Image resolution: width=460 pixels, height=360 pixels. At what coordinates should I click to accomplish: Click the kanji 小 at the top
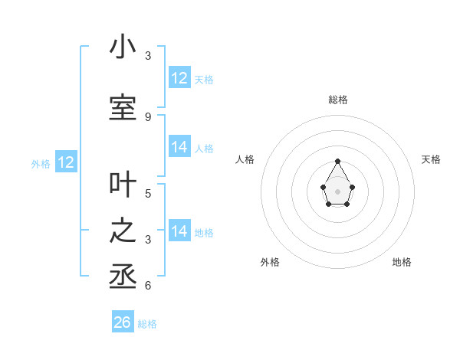pyautogui.click(x=123, y=47)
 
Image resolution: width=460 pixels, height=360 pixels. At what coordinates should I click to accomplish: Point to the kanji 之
pyautogui.click(x=123, y=231)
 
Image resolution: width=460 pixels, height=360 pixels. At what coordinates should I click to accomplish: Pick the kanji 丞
pyautogui.click(x=123, y=277)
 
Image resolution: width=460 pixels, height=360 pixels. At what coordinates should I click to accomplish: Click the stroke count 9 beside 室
pyautogui.click(x=147, y=116)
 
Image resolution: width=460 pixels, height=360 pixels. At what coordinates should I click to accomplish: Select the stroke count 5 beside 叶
pyautogui.click(x=147, y=193)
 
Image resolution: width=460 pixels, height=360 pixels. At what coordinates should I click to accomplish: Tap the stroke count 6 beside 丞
pyautogui.click(x=147, y=286)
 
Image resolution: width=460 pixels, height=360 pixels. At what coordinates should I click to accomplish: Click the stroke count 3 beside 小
pyautogui.click(x=147, y=56)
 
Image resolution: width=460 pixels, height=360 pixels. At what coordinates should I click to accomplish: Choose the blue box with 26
pyautogui.click(x=123, y=322)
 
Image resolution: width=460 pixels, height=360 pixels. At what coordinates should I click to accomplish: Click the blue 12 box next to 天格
pyautogui.click(x=179, y=77)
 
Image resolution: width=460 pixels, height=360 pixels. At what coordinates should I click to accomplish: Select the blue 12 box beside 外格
pyautogui.click(x=66, y=162)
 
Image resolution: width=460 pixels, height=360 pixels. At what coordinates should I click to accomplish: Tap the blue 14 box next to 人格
pyautogui.click(x=179, y=147)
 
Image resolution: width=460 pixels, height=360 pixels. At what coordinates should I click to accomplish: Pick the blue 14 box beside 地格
pyautogui.click(x=179, y=231)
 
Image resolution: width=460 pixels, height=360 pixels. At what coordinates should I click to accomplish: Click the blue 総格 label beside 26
pyautogui.click(x=147, y=324)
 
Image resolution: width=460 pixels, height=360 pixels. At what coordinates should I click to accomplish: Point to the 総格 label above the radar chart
pyautogui.click(x=338, y=100)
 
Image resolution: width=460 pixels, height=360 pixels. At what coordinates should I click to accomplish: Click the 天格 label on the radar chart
pyautogui.click(x=431, y=159)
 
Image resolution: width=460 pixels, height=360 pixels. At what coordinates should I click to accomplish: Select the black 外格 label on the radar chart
pyautogui.click(x=270, y=262)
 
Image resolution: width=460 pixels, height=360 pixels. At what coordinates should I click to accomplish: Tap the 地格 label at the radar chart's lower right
pyautogui.click(x=402, y=262)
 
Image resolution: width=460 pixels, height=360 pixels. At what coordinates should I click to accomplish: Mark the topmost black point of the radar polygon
pyautogui.click(x=338, y=161)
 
